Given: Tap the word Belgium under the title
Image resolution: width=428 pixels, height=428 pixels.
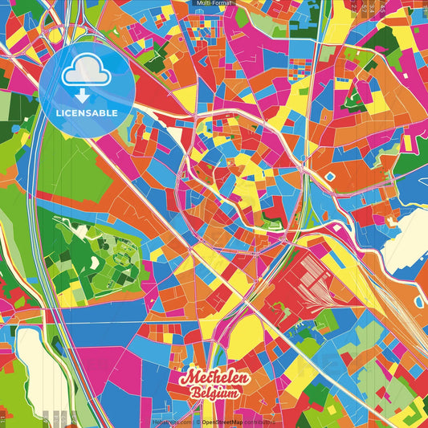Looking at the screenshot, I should point(215,393).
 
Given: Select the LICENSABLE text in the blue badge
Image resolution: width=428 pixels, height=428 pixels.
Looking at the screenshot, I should point(87,113).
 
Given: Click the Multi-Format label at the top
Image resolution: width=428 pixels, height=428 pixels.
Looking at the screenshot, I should point(214,3).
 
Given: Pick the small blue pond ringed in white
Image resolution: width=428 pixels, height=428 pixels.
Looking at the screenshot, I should point(330,174).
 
